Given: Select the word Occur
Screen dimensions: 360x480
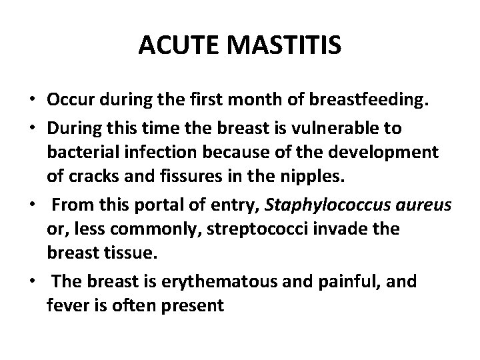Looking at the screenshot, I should coord(71,100).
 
